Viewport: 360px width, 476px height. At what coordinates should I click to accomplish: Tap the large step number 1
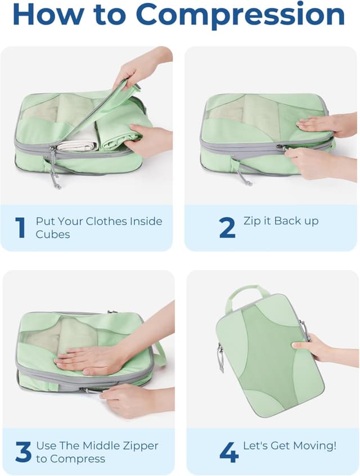point(20,228)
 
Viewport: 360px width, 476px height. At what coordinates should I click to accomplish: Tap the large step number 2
point(227,227)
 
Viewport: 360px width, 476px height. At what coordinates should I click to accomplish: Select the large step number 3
point(22,452)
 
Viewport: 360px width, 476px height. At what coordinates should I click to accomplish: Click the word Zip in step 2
point(252,221)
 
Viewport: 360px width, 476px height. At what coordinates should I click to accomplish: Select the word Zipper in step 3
point(139,446)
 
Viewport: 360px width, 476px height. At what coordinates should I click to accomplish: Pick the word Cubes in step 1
point(53,234)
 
